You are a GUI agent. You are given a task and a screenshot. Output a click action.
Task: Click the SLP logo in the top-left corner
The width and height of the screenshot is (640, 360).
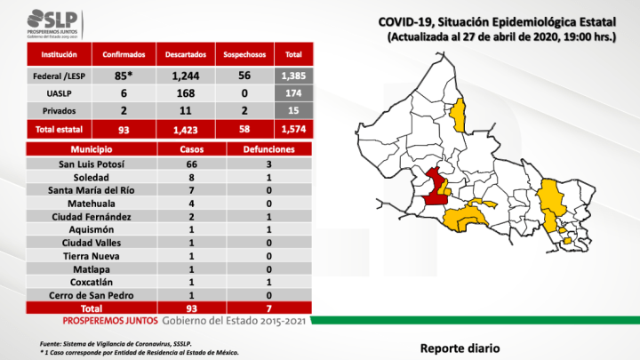(x=52, y=20)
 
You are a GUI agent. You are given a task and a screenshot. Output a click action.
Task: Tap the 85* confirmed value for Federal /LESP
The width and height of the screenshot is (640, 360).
(x=119, y=76)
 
